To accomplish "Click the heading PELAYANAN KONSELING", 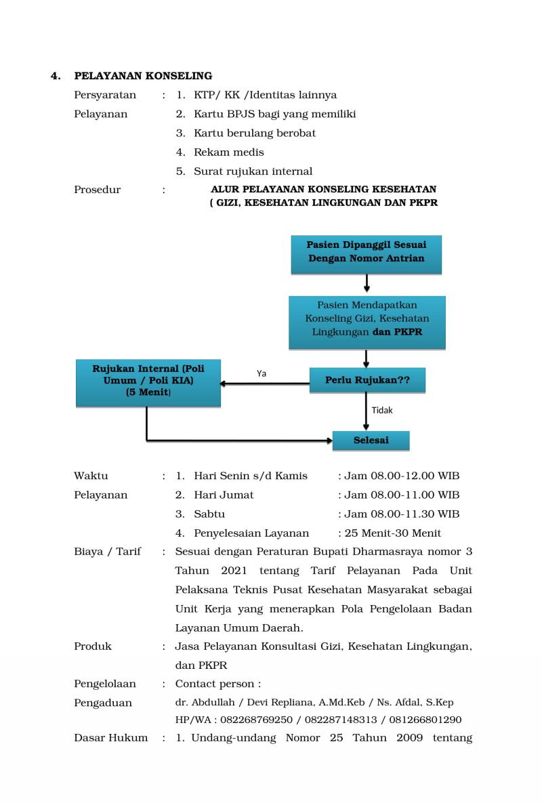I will pos(143,75).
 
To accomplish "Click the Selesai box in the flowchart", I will pos(371,440).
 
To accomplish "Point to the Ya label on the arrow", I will pos(262,373).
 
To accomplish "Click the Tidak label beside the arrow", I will pos(382,410).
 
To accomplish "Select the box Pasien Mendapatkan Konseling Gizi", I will pos(367,322).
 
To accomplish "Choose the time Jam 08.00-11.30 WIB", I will pos(401,514).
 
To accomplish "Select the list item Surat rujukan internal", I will pos(253,171).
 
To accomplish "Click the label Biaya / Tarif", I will pos(107,552).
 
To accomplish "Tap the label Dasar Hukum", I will pos(110,737).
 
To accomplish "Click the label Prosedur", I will pos(97,190).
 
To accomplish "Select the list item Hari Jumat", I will pos(224,495).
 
